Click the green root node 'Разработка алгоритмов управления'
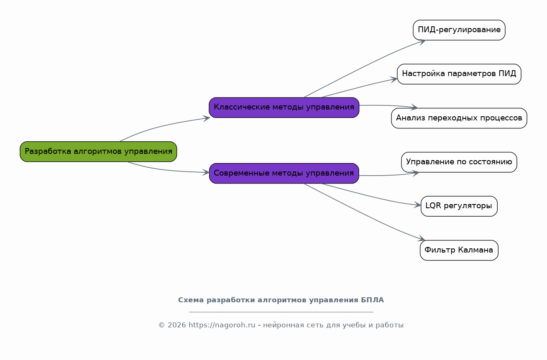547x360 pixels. [x=98, y=151]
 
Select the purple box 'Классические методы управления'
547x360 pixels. [x=284, y=107]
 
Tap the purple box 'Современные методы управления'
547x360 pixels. [x=284, y=173]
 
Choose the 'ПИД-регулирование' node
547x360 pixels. [x=459, y=30]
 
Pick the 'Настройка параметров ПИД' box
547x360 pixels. [x=459, y=74]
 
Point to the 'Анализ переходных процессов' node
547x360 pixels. [x=459, y=118]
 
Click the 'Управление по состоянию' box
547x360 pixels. [x=459, y=162]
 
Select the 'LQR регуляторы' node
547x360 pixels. [x=459, y=206]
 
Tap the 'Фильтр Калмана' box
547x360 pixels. [x=459, y=250]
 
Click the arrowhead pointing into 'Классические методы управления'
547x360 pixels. [x=207, y=118]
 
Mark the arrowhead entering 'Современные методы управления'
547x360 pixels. [x=206, y=172]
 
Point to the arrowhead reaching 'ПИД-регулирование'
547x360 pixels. [x=422, y=41]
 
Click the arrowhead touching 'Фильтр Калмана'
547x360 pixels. [x=422, y=240]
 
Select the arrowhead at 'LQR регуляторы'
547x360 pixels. [x=418, y=205]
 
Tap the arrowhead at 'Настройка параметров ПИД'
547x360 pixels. [x=394, y=79]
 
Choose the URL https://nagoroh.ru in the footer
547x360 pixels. [x=222, y=325]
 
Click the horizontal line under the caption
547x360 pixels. [x=281, y=312]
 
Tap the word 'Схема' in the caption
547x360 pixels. [x=191, y=300]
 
